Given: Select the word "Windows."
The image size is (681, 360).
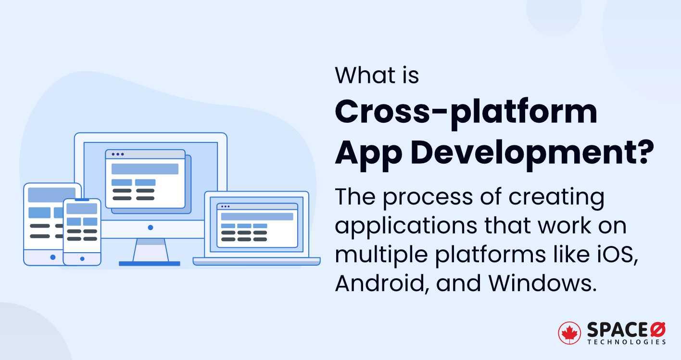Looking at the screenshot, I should tap(543, 283).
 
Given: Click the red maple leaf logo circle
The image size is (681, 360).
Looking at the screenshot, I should tap(569, 333).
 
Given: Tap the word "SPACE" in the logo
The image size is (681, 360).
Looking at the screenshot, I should tap(617, 330).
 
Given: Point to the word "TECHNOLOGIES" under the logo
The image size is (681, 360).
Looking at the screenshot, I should tap(626, 342).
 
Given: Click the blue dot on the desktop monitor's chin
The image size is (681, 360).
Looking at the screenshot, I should tap(151, 227).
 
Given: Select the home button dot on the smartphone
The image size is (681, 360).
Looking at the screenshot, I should tap(82, 259).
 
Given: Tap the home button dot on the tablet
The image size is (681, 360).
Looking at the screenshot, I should tap(52, 257).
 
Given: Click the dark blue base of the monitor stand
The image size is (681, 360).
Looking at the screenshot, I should tap(149, 264).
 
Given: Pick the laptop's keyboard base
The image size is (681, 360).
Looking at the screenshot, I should tap(256, 261).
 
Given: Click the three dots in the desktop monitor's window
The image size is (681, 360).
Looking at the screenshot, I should tap(117, 154).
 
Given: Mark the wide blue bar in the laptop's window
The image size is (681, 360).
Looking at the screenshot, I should tap(257, 217).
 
